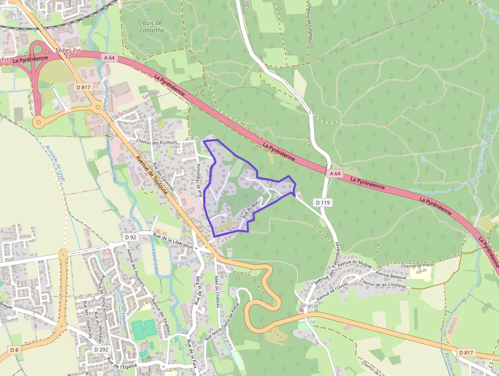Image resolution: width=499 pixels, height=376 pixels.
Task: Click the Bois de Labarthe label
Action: [x=152, y=27]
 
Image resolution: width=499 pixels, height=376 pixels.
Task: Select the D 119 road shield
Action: [x=323, y=203]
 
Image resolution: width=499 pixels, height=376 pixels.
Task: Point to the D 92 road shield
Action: [x=131, y=237]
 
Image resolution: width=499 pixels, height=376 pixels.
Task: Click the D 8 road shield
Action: [x=14, y=350]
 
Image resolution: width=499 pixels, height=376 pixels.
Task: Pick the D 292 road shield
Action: [x=101, y=349]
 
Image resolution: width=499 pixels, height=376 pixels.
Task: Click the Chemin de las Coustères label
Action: [x=383, y=284]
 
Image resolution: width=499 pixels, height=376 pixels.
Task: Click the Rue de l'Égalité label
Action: [x=122, y=363]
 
